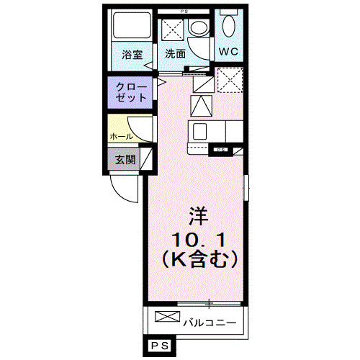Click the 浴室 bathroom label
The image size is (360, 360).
point(131,53)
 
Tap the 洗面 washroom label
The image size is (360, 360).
point(174,53)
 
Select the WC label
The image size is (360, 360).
point(228,52)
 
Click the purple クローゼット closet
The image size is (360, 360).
point(131,92)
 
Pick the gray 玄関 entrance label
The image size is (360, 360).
point(125,159)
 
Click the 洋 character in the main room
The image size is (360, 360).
point(198,215)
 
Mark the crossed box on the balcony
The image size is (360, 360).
point(166,318)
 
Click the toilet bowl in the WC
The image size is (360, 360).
point(228,27)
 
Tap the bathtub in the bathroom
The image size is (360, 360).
point(131,28)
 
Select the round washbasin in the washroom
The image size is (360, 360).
point(197,30)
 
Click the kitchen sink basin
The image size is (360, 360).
point(199,132)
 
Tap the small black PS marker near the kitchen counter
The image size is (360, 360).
point(219,149)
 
